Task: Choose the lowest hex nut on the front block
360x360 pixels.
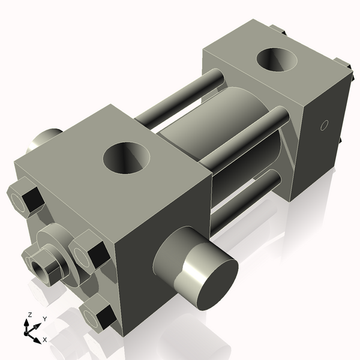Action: (x=100, y=315)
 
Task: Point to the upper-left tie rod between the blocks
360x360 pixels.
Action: (x=180, y=96)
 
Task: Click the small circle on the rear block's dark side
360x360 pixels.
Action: (x=324, y=125)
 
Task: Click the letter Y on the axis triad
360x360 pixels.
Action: (x=45, y=319)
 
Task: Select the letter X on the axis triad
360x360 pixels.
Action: (x=44, y=340)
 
